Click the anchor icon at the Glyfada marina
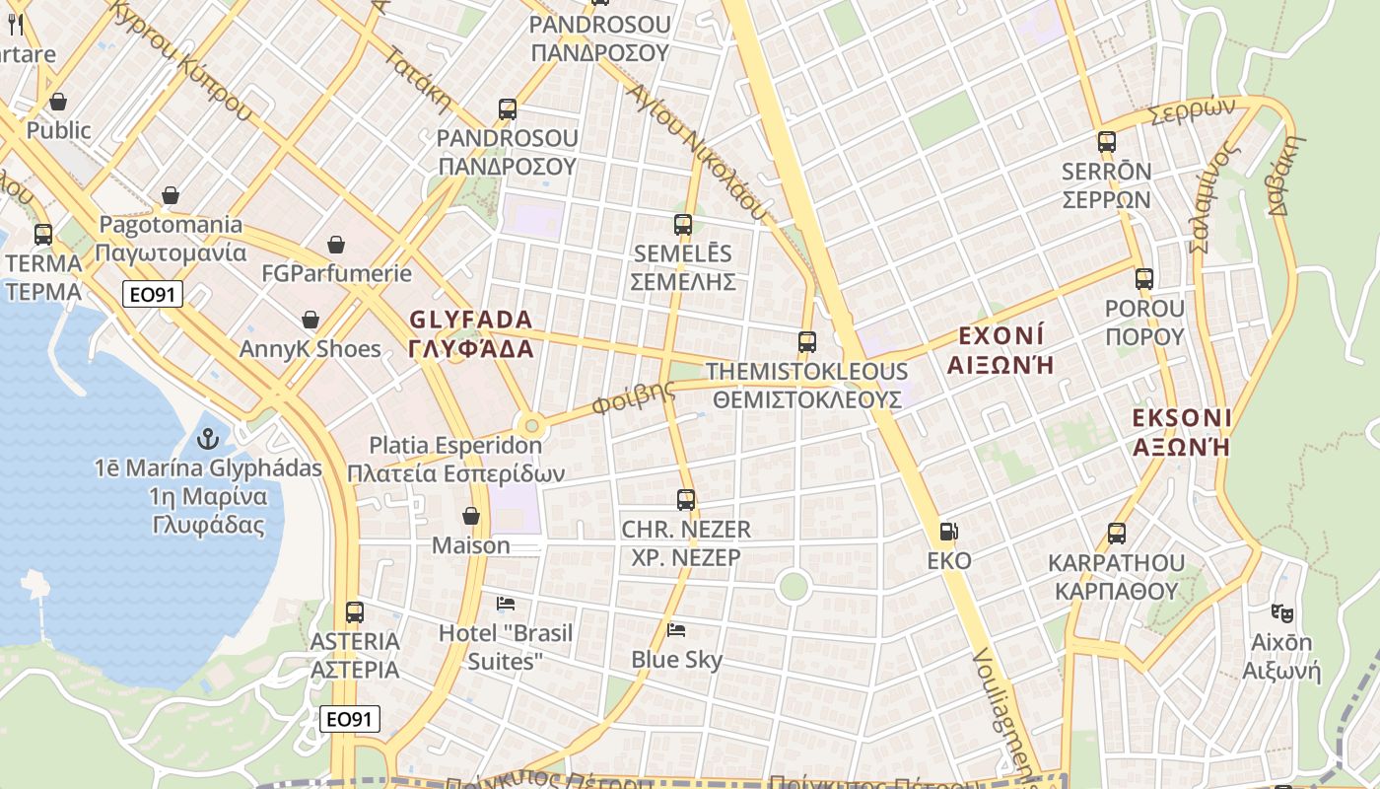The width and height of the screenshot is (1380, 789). point(208,437)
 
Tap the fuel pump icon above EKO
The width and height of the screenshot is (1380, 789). point(948,532)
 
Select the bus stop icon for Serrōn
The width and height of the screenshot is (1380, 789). point(1106,142)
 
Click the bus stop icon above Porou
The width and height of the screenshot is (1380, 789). point(1143,279)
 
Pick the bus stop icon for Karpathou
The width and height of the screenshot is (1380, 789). point(1117,534)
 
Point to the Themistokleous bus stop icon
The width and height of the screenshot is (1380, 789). point(807,342)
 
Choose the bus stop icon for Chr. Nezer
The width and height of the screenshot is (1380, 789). point(686,500)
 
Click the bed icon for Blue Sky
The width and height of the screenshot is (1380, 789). point(676,629)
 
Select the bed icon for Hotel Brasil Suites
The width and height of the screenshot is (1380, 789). point(506,603)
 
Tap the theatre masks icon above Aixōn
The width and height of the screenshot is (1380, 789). point(1281,612)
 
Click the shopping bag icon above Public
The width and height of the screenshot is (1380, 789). point(58,102)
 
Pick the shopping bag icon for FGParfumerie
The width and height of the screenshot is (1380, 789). point(336,244)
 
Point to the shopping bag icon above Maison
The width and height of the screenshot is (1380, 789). point(471,516)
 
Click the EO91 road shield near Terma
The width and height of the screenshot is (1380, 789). point(154,293)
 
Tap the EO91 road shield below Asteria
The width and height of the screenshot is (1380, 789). point(350,719)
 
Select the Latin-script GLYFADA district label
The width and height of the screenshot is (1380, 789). point(470,320)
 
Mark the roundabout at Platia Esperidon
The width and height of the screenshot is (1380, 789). point(532,426)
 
